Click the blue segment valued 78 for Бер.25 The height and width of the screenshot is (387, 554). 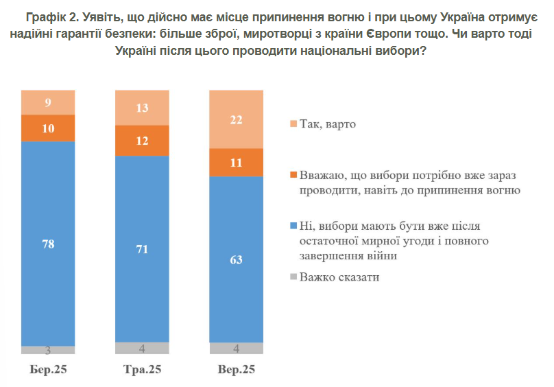[48, 244]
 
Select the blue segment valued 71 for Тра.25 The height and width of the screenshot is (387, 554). [142, 248]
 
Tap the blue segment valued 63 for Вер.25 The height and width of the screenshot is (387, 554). [236, 259]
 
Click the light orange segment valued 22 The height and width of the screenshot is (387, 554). [236, 120]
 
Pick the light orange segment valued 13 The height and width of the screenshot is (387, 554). [142, 108]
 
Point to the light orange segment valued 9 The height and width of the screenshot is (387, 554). [48, 103]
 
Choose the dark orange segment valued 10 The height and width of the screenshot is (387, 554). [48, 128]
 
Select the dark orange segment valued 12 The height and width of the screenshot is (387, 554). [142, 141]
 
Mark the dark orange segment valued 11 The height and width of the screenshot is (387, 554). [236, 163]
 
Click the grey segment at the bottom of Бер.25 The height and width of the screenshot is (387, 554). [48, 350]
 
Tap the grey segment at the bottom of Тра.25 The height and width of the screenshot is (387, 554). [142, 347]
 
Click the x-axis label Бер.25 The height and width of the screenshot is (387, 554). [48, 370]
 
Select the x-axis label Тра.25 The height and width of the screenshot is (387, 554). [142, 370]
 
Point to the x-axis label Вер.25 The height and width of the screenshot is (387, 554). [236, 370]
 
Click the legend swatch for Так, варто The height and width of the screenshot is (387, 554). [293, 124]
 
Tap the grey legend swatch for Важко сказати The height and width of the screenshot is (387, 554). [293, 278]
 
